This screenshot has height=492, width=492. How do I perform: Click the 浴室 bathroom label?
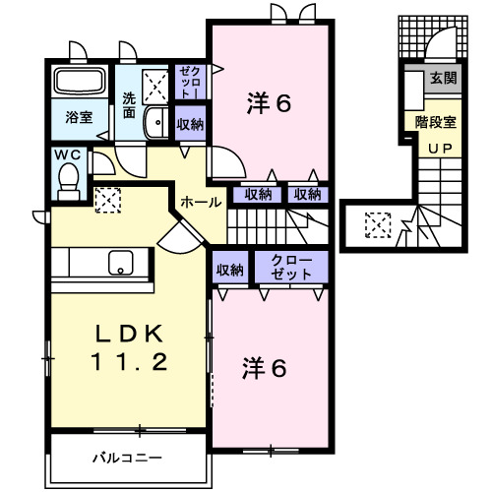coord(79,116)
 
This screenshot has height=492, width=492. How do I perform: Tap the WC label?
coord(68,155)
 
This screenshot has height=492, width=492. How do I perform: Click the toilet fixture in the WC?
coord(68,177)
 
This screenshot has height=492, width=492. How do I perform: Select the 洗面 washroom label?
coord(129,104)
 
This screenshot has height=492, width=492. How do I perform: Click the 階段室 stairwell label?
coord(435,123)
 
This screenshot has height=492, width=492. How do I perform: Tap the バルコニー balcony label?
coord(128,457)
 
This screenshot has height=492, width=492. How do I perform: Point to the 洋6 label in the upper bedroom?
coord(268,102)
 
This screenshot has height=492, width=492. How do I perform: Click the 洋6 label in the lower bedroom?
coord(266,368)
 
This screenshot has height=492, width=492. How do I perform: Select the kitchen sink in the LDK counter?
coord(120,264)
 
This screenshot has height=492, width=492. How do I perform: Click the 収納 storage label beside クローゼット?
coord(230,269)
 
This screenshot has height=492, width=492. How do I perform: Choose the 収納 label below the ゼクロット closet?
coord(190,125)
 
